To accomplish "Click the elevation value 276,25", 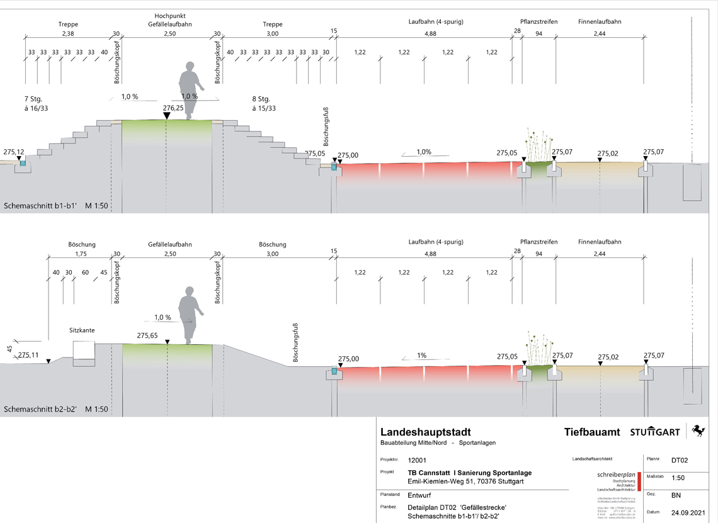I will coord(173,108).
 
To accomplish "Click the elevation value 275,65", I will coord(147,336).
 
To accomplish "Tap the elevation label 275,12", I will coord(13,152).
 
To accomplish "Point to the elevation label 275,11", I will coord(28,355).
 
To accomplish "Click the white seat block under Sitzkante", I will coord(84,353).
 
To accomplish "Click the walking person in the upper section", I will coord(191,88).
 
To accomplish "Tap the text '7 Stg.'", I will coord(33,99).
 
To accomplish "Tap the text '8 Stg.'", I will coord(261,99).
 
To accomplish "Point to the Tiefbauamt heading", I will coord(592,432).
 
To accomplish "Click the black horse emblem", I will coord(697,431).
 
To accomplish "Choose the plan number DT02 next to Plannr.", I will coord(679,461).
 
